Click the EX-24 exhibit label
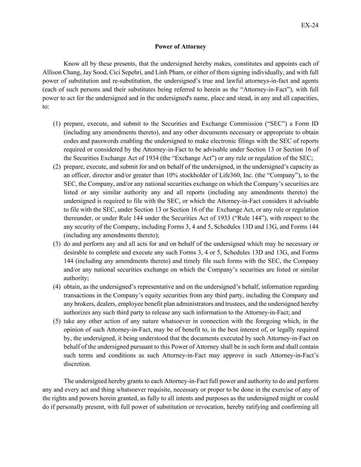[x=310, y=25]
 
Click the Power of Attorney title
[x=180, y=47]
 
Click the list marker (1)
[x=57, y=124]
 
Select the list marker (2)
[x=57, y=167]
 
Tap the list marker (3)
[x=57, y=244]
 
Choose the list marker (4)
[x=57, y=287]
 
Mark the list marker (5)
[x=57, y=321]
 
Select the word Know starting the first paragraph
[x=72, y=64]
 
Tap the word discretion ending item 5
[x=77, y=364]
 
